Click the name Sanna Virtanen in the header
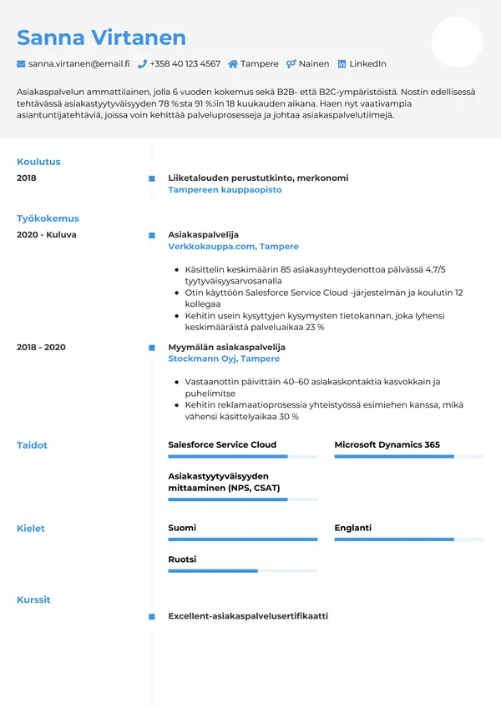[x=101, y=38]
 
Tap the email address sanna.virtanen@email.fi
[x=78, y=63]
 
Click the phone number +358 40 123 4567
[x=185, y=63]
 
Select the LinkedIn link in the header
[x=367, y=63]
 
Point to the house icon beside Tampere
[x=233, y=63]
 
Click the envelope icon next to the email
[x=21, y=63]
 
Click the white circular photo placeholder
[x=457, y=42]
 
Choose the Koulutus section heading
[x=38, y=162]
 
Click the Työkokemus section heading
[x=48, y=218]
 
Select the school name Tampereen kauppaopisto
[x=225, y=190]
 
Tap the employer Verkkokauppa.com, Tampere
[x=233, y=247]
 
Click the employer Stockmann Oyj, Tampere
[x=224, y=359]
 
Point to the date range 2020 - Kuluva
[x=46, y=235]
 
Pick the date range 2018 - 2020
[x=41, y=347]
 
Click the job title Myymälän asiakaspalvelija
[x=226, y=347]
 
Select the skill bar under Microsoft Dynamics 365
[x=409, y=457]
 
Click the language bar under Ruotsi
[x=242, y=571]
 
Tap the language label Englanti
[x=352, y=528]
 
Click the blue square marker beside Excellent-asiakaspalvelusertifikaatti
[x=151, y=617]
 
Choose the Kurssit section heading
[x=33, y=599]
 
